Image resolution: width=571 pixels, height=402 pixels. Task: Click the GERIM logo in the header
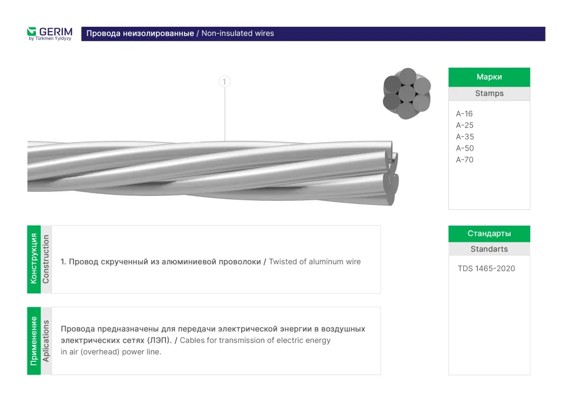click(x=50, y=33)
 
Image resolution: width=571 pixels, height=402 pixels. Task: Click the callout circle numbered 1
click(x=225, y=81)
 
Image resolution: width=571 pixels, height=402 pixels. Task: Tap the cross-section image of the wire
click(x=407, y=94)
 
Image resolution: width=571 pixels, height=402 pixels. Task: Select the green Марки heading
click(x=489, y=77)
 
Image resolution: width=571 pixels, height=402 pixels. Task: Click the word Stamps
click(x=489, y=94)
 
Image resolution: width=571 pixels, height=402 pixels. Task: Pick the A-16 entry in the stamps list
click(x=464, y=114)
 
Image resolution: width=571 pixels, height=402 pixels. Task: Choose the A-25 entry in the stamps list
click(x=465, y=125)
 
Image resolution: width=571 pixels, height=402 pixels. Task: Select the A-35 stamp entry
click(x=465, y=137)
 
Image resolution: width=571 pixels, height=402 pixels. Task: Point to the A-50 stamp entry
click(x=465, y=148)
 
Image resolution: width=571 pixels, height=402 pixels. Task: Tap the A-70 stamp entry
click(x=465, y=160)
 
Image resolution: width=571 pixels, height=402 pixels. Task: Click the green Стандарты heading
click(x=489, y=233)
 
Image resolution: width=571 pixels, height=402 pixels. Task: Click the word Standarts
click(x=489, y=249)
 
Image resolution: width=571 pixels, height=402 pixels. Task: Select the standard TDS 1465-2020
click(x=486, y=268)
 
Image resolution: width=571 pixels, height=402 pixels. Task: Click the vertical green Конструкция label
click(x=34, y=259)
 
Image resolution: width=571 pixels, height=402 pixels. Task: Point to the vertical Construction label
click(x=46, y=259)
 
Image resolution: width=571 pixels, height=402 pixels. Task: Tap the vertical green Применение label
click(x=34, y=341)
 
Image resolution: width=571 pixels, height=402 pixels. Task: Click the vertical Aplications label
click(x=46, y=341)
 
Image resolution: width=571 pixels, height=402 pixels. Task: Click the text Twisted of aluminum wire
click(x=315, y=261)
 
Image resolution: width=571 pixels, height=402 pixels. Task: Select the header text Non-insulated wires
click(x=237, y=33)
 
